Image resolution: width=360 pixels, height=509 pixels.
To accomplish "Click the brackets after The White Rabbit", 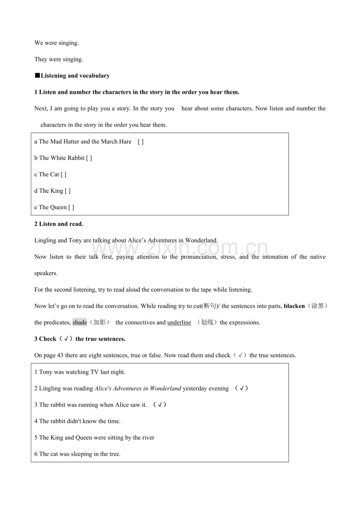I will (x=89, y=158).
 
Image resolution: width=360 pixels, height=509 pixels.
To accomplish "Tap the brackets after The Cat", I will (x=63, y=174).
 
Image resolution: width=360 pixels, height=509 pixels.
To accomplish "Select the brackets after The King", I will (x=68, y=191).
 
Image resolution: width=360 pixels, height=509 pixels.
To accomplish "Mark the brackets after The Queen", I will (x=71, y=207).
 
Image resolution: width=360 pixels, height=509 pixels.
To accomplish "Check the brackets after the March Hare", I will (x=140, y=142).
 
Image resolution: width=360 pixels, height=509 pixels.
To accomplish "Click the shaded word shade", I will (x=80, y=323).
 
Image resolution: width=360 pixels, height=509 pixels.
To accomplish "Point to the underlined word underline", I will (x=179, y=323).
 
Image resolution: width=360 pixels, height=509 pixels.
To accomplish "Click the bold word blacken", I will (x=294, y=306).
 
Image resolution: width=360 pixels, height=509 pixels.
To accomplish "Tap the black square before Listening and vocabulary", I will (x=37, y=75).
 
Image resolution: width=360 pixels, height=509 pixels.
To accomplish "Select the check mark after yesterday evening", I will (x=241, y=388).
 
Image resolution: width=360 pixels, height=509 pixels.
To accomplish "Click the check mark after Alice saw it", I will (x=160, y=405).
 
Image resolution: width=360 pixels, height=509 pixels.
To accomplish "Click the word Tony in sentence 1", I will (x=46, y=372).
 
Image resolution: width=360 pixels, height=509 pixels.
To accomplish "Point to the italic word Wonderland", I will (x=166, y=388).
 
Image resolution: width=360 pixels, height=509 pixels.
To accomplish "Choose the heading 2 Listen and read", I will (x=59, y=224).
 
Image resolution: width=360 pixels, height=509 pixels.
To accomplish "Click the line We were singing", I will (x=57, y=43).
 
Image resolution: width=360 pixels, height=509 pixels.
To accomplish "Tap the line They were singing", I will (x=59, y=59).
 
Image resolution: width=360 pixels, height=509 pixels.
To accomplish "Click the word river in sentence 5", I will (x=148, y=437).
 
